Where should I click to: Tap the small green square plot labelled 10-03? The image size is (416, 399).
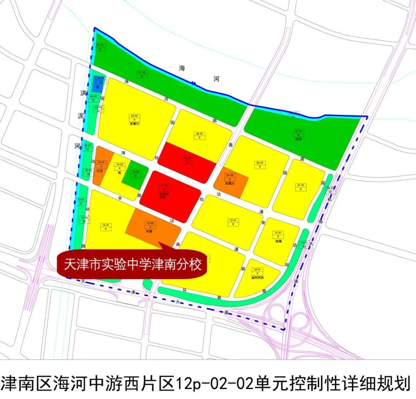[135, 174]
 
